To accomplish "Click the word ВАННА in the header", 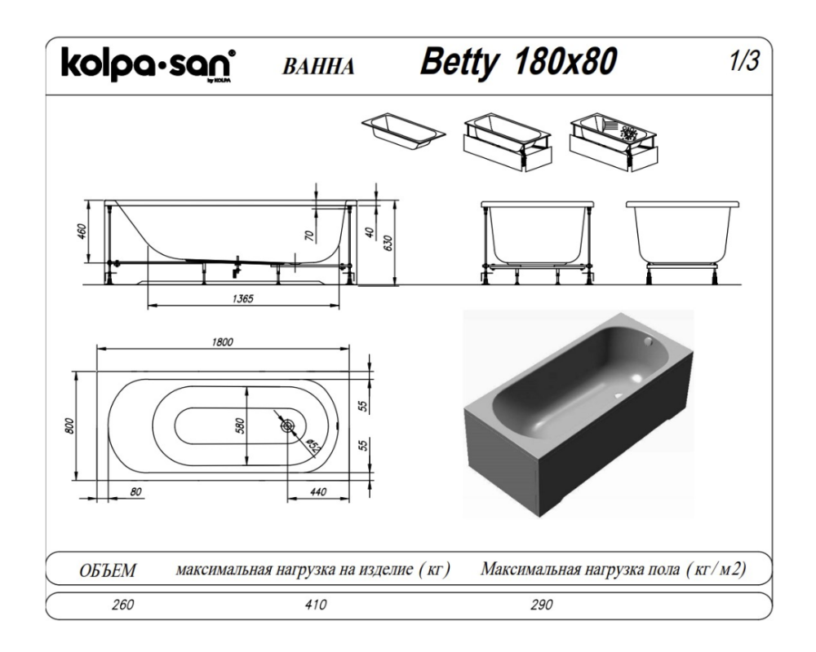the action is coord(318,67).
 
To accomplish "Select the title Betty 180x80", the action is coord(518,62).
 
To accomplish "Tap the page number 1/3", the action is coord(744,61).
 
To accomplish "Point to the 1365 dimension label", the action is coord(242,298).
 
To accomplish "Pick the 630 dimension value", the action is coord(387,242).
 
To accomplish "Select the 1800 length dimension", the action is coord(223,342).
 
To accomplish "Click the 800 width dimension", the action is coord(70,425).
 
